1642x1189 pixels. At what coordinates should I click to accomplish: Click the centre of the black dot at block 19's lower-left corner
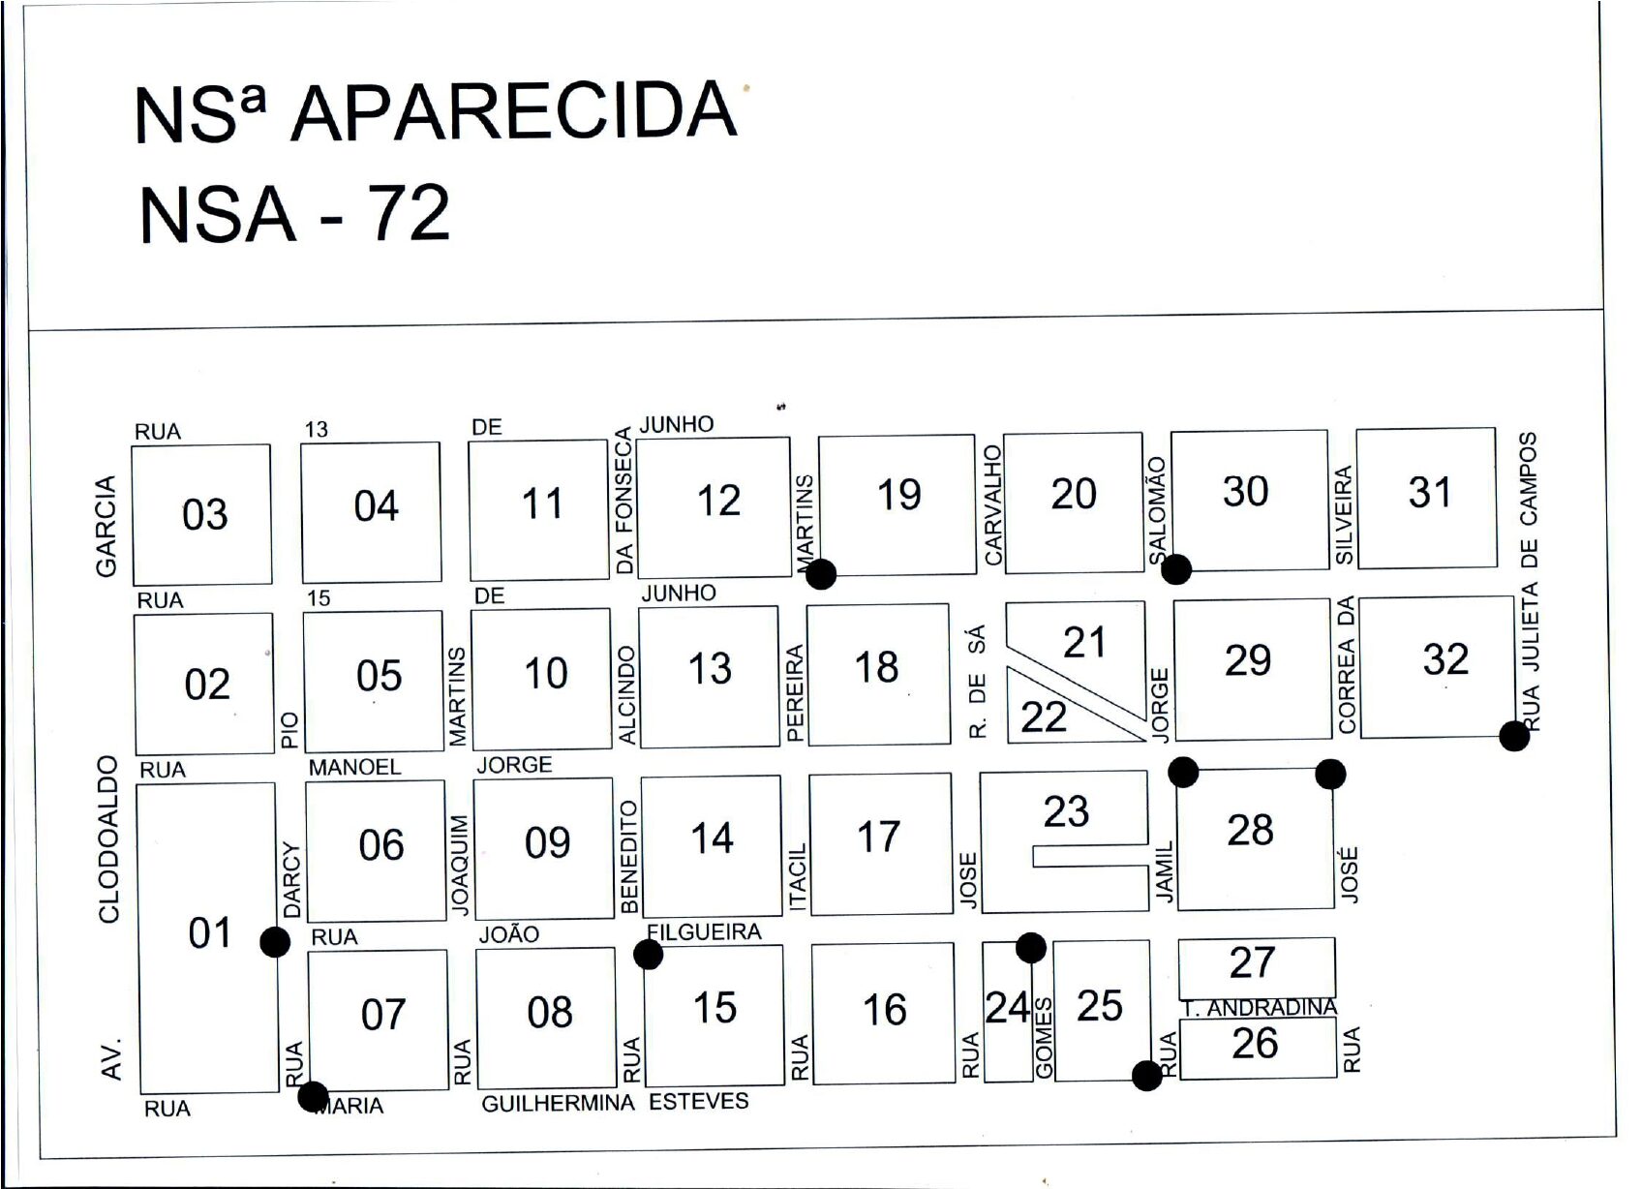(x=821, y=574)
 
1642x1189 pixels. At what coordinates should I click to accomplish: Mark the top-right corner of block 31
(x=1495, y=428)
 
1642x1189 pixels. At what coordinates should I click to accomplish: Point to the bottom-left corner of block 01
(x=140, y=1094)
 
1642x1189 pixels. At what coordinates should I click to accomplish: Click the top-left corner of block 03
(x=132, y=445)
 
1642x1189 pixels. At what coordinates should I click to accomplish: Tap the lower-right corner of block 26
(x=1336, y=1077)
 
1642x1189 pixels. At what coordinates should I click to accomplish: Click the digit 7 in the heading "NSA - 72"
(x=391, y=213)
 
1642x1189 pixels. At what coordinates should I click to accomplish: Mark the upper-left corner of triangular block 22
(x=1007, y=666)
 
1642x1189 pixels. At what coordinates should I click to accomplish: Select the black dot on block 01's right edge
(x=275, y=942)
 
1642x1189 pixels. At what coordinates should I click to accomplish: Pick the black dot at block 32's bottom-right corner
(x=1514, y=736)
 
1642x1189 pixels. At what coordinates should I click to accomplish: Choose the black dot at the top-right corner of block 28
(x=1330, y=774)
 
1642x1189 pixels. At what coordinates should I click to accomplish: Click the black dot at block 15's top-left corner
(x=648, y=955)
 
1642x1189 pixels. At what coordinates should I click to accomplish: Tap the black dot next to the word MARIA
(x=313, y=1097)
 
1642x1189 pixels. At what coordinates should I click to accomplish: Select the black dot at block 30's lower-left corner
(x=1175, y=569)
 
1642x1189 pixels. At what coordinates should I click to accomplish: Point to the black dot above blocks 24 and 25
(x=1031, y=948)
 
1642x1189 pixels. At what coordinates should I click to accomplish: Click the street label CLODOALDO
(x=107, y=838)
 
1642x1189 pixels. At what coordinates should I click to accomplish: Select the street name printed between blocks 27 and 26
(x=1261, y=1009)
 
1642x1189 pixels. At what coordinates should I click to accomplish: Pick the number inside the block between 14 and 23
(x=879, y=838)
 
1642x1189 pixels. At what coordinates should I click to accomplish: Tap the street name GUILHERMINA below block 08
(x=558, y=1103)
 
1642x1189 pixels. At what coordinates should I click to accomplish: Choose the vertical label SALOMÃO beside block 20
(x=1158, y=511)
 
